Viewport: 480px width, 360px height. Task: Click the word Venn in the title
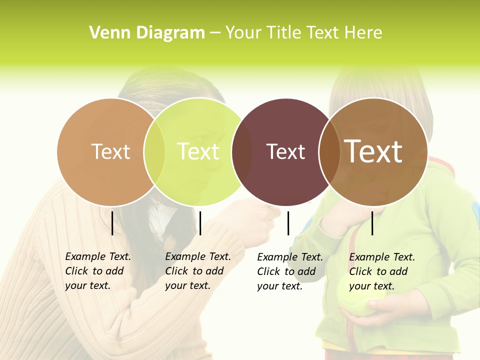[106, 33]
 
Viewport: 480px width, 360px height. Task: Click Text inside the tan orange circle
[110, 151]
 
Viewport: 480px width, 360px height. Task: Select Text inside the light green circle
[198, 151]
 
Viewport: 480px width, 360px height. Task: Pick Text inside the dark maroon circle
[285, 151]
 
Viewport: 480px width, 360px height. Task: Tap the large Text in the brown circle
[373, 151]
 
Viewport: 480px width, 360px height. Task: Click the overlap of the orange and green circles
[154, 152]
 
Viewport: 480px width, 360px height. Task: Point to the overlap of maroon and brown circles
[328, 152]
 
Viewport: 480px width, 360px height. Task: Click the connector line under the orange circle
[112, 223]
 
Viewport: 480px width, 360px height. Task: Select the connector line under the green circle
[200, 223]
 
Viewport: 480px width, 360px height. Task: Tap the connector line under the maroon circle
[288, 223]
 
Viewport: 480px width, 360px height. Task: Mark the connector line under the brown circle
[372, 223]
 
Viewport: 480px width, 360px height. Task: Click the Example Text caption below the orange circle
[98, 271]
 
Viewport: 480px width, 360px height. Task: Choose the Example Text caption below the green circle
[198, 271]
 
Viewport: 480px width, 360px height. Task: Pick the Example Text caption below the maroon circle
[290, 271]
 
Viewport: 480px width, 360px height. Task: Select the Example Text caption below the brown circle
[382, 271]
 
